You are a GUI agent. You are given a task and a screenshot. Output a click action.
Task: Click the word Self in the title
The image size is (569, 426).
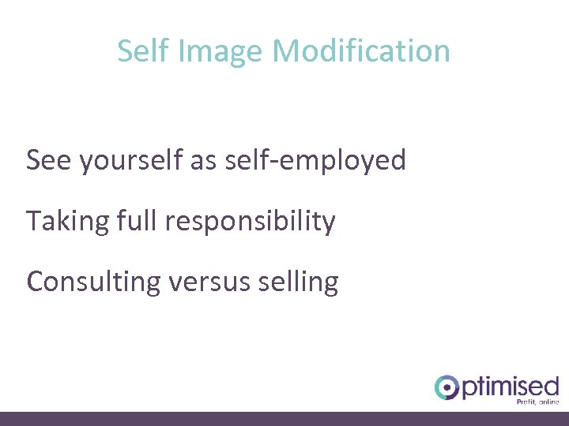[142, 51]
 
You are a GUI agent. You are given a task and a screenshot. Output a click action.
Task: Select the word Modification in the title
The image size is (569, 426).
[361, 51]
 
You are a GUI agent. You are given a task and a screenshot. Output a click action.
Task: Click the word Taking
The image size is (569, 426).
[67, 222]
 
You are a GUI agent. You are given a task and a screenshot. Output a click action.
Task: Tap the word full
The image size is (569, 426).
[137, 221]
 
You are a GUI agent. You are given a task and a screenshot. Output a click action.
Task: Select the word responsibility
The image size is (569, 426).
[251, 222]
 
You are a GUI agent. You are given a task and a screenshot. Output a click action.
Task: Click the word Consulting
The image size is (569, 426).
[93, 282]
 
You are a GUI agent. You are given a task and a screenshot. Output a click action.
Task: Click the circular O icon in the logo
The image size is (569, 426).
[447, 387]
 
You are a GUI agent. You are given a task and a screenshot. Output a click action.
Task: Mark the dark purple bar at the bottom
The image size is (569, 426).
[284, 418]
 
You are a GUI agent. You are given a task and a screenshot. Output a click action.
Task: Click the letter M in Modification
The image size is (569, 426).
[286, 51]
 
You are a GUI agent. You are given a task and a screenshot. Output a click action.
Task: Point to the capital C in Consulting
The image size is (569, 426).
[35, 282]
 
